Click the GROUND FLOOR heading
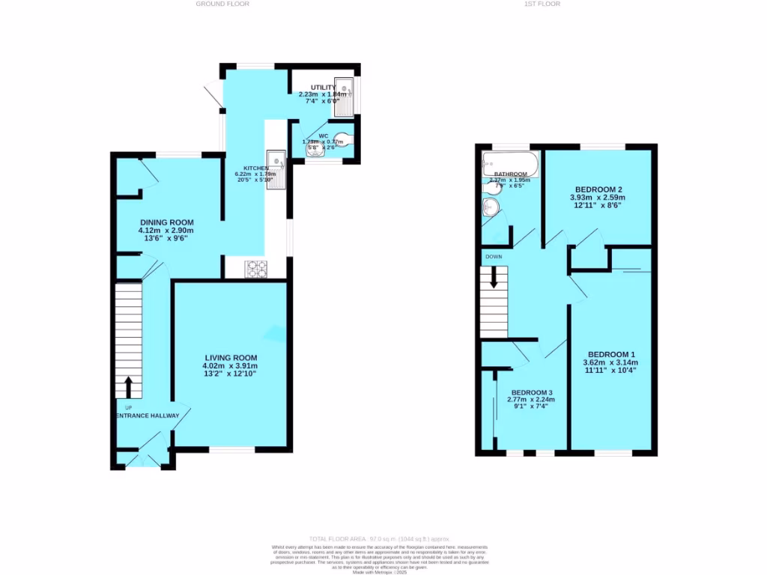pos(222,4)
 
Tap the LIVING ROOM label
pos(230,357)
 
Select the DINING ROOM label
pos(166,222)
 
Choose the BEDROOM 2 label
pos(599,189)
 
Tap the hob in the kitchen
pos(255,269)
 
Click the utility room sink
pos(344,97)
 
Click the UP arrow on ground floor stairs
pos(127,387)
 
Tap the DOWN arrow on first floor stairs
pos(494,279)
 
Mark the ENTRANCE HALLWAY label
pos(148,416)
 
